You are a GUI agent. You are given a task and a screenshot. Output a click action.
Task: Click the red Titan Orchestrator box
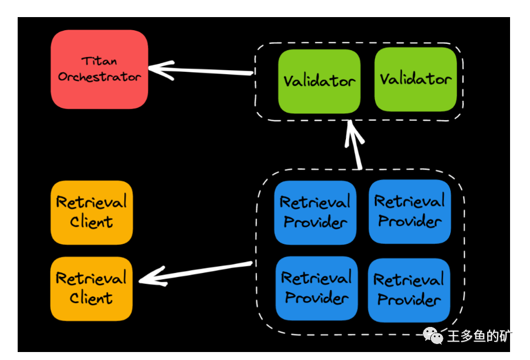pos(99,69)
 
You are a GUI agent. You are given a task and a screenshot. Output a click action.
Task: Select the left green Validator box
pos(319,81)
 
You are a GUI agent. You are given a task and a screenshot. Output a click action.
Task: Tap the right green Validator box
pos(415,79)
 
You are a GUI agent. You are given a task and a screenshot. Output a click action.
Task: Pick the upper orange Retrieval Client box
pos(91,212)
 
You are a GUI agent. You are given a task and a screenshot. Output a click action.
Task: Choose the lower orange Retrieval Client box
pos(91,288)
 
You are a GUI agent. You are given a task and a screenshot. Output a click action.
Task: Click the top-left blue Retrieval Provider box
pos(315,212)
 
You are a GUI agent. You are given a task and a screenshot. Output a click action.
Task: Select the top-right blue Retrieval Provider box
pos(409,211)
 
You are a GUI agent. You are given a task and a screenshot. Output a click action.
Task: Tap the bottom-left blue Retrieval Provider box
pos(316,288)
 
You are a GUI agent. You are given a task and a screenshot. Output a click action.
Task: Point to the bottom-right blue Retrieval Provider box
pos(409,290)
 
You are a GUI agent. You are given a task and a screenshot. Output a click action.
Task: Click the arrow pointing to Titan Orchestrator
pos(199,71)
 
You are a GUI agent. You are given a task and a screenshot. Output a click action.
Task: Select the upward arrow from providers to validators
pos(356,146)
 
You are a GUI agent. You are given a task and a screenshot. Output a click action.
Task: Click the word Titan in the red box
pos(99,60)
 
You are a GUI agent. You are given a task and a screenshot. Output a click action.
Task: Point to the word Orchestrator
pos(99,77)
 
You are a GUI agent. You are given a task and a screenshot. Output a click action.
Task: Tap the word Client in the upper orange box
pos(91,222)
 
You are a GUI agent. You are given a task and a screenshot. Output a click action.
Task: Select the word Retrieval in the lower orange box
pos(91,279)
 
